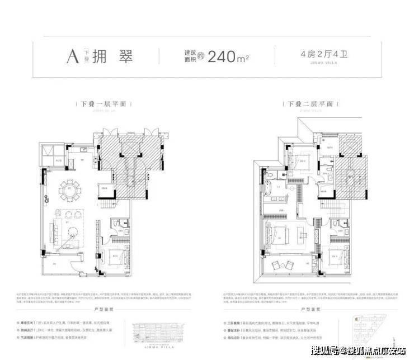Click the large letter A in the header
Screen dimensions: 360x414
pyautogui.click(x=72, y=56)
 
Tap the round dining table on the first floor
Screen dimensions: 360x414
pyautogui.click(x=70, y=187)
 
